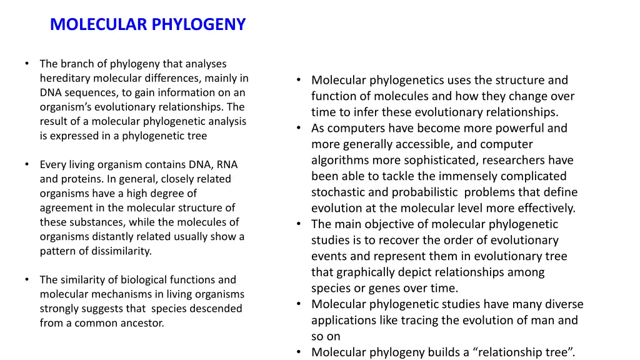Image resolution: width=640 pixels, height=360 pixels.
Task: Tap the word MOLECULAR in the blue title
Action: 99,24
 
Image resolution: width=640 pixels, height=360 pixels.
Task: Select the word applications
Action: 344,320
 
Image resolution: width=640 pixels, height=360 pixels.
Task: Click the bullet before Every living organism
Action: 27,164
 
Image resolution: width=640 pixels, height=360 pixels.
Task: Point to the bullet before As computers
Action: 299,128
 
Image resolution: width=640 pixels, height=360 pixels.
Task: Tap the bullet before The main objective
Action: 299,224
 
